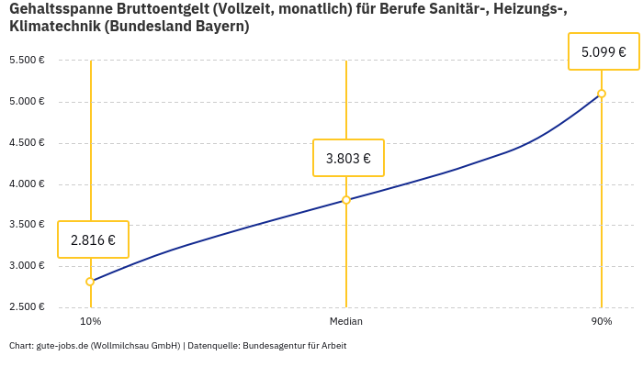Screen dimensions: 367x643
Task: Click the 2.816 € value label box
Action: [93, 240]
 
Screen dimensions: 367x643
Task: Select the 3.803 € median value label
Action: [348, 158]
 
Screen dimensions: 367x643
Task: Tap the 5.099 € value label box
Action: [604, 52]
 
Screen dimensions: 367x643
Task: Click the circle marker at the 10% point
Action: [90, 282]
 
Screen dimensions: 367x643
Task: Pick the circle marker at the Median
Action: [346, 200]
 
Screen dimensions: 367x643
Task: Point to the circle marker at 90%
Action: [602, 94]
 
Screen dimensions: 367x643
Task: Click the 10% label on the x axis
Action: [90, 321]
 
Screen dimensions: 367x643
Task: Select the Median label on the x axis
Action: [346, 321]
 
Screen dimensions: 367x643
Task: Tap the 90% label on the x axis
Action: [602, 321]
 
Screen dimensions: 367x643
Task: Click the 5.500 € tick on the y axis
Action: [27, 61]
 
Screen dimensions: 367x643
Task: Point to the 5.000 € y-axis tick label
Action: [27, 102]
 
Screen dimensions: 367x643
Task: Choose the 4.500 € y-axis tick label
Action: [27, 143]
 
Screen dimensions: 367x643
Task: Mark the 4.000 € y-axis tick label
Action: [27, 184]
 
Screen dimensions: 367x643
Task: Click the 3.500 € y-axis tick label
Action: [27, 225]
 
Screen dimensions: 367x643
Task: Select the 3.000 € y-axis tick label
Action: [27, 266]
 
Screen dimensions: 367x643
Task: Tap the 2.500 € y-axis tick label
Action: [27, 307]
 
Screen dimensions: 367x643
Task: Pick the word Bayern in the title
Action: [220, 27]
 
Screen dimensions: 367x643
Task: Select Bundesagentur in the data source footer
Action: [273, 346]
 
